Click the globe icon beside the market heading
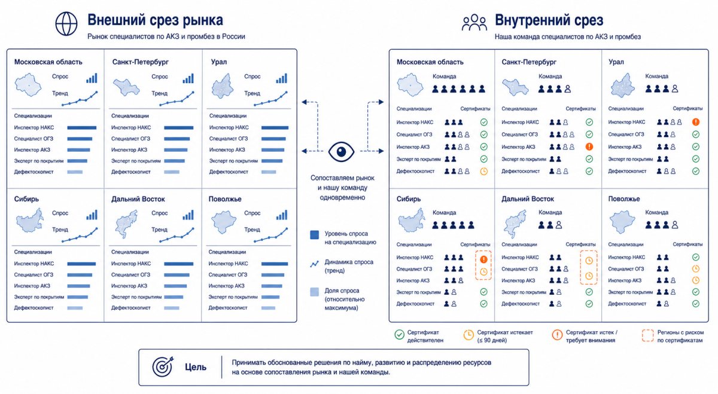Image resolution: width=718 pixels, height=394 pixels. tap(66, 24)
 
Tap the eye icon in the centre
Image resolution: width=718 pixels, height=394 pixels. tap(341, 151)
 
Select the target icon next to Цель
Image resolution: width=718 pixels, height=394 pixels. tap(163, 366)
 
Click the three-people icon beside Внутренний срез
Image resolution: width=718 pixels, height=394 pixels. tap(474, 23)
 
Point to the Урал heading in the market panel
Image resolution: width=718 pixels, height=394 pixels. tap(219, 62)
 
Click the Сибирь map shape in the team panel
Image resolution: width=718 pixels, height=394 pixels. tap(412, 221)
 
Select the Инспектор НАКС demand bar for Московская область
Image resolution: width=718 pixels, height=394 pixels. tap(82, 127)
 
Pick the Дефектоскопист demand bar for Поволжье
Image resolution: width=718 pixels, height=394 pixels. tap(268, 308)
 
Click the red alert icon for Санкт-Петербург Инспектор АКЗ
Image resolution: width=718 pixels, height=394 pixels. tap(589, 146)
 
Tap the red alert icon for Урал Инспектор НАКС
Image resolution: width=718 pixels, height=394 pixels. tap(695, 122)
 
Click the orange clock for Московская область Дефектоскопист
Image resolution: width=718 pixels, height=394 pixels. tap(483, 172)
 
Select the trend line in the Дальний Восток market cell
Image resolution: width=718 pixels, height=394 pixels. tap(177, 235)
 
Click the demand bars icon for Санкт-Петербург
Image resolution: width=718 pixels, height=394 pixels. tap(188, 78)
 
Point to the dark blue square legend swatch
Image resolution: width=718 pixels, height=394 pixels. tap(315, 235)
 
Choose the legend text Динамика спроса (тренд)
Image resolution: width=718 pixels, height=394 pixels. tap(349, 266)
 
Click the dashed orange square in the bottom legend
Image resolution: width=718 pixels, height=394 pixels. tap(647, 335)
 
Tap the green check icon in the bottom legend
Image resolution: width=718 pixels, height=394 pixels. tap(400, 335)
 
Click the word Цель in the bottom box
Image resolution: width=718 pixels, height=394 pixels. tap(196, 367)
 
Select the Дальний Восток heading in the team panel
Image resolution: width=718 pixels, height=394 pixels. tap(528, 199)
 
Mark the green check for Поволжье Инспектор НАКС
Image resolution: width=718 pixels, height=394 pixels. tap(695, 257)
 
